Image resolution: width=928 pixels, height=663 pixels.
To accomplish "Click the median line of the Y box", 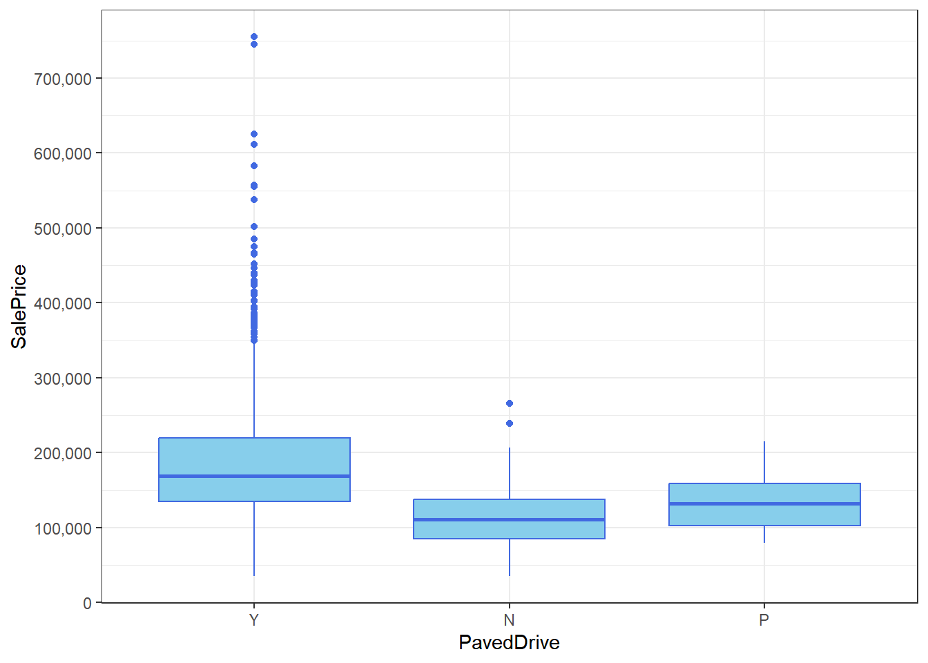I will point(254,476).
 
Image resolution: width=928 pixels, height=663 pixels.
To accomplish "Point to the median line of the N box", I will point(509,519).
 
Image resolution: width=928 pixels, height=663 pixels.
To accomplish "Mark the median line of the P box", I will point(764,503).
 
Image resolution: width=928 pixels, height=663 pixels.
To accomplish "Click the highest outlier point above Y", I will point(254,37).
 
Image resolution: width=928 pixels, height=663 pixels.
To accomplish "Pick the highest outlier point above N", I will point(510,403).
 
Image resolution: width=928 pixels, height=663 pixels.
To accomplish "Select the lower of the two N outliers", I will point(510,423).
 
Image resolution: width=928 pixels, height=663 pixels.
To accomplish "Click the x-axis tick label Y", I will point(254,620).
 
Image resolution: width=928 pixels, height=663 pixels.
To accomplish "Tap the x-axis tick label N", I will point(509,620).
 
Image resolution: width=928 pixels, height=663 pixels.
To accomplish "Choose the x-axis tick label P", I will point(764,620).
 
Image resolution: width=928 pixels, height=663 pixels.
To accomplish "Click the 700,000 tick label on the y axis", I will point(63,79).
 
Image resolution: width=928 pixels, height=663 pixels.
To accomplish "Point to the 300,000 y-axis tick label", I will point(63,378).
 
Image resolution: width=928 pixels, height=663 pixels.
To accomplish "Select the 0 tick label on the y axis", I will point(88,603).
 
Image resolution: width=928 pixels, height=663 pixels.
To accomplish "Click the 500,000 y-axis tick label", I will point(63,229).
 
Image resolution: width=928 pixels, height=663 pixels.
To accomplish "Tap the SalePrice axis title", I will point(19,307).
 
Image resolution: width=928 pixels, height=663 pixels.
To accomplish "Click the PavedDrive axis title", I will point(509,643).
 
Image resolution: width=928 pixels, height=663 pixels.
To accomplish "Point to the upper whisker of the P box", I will point(764,462).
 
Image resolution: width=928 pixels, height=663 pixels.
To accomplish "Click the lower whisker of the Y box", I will point(254,539).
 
